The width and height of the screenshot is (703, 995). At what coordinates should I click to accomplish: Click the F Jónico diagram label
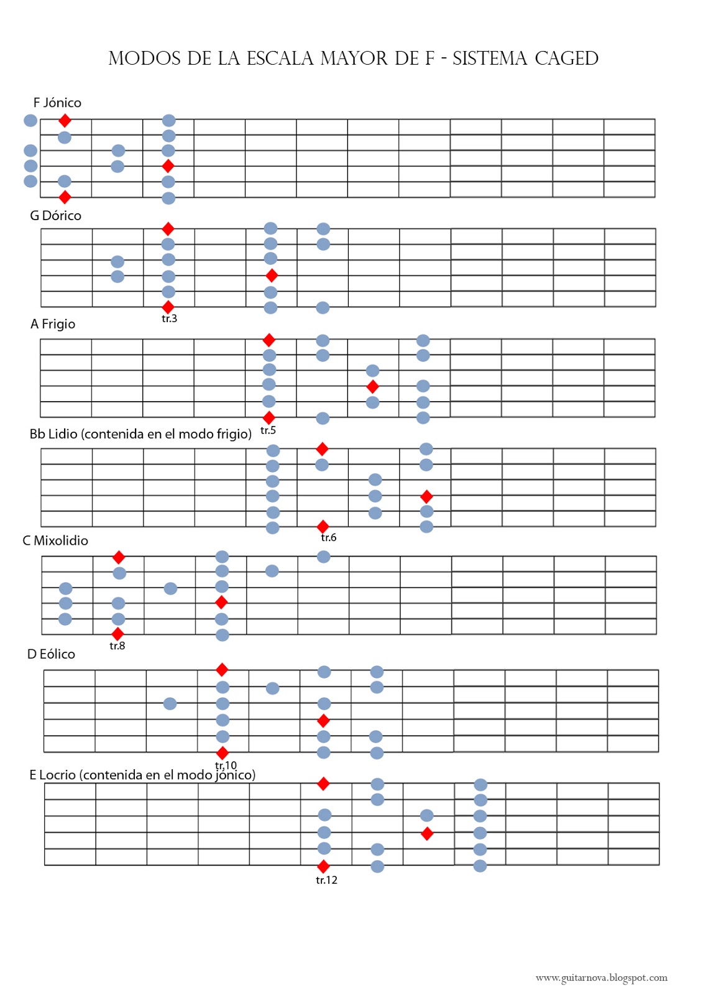click(x=57, y=103)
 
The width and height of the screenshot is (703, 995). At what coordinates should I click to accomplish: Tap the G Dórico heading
click(x=55, y=215)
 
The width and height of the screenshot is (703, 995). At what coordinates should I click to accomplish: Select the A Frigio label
click(x=53, y=324)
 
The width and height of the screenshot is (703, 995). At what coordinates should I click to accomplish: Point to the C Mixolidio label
click(x=55, y=540)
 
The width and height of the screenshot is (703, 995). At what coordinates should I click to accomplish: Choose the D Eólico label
click(x=51, y=654)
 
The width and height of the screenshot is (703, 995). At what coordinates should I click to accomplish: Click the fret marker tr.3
click(x=169, y=318)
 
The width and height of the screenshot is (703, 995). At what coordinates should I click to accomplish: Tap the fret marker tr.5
click(x=268, y=430)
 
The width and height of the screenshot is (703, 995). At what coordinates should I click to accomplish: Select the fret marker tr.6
click(x=329, y=537)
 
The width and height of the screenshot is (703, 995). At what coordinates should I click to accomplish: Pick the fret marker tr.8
click(x=117, y=646)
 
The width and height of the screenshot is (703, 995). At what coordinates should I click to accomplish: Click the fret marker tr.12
click(x=326, y=880)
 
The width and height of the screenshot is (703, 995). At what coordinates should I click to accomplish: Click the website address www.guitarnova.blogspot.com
click(x=601, y=978)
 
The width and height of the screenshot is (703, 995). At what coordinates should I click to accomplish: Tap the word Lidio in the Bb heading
click(x=63, y=434)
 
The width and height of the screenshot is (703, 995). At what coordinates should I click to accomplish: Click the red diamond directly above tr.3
click(x=168, y=307)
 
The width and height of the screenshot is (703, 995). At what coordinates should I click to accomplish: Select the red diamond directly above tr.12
click(x=323, y=866)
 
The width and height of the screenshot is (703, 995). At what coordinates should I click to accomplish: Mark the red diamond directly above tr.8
click(x=117, y=634)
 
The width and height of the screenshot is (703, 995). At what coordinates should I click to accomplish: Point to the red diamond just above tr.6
click(x=323, y=526)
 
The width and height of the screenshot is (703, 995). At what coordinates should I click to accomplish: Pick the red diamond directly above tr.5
click(x=269, y=417)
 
